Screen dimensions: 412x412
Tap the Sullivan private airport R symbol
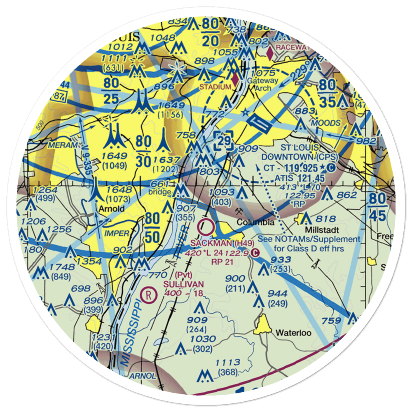point(148,295)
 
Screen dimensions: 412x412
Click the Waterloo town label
point(293,332)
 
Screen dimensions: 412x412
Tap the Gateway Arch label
point(261,84)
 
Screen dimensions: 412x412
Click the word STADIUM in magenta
point(215,87)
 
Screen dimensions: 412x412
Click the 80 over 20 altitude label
point(210,31)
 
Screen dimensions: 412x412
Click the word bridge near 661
point(159,192)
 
